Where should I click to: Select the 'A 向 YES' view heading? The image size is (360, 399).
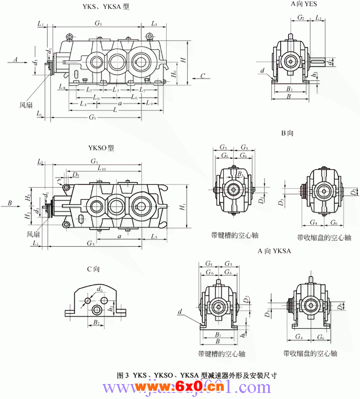point(304,4)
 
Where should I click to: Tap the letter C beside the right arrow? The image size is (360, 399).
point(203,76)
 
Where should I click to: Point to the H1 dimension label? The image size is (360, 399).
point(183,206)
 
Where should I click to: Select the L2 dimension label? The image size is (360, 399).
point(318,18)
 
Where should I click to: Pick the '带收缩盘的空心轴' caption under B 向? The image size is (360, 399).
point(324,237)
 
